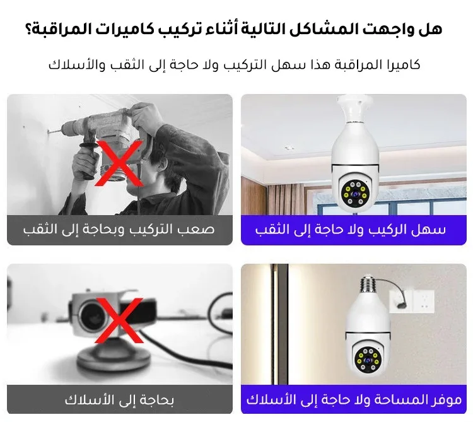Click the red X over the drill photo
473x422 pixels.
119,163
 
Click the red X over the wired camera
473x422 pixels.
119,320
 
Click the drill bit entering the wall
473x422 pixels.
54,131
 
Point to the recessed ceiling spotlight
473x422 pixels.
289,148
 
